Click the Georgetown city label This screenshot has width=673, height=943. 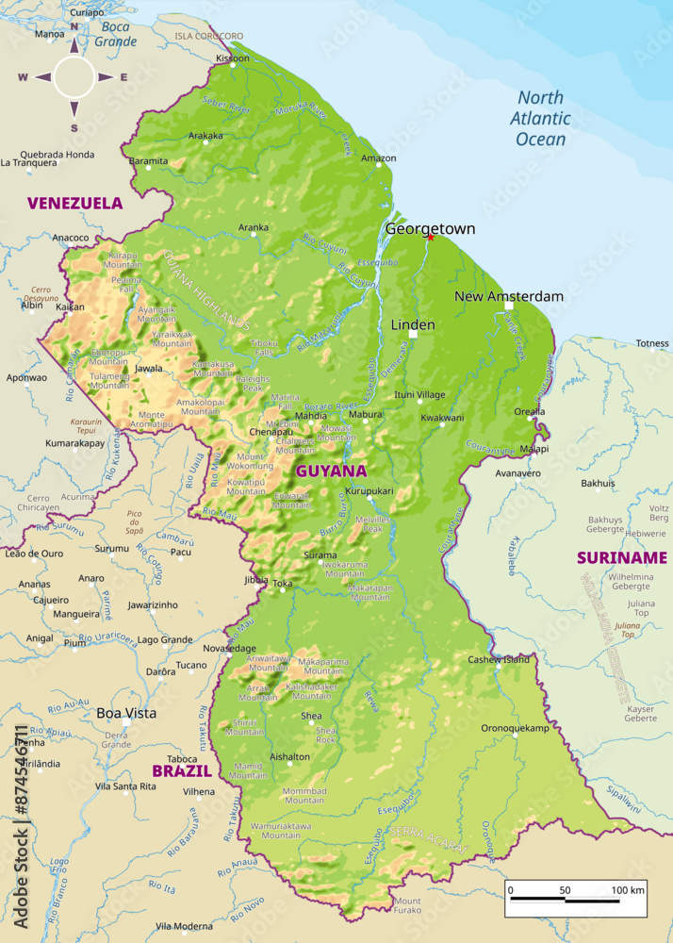point(430,228)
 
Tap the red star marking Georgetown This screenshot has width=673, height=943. point(431,237)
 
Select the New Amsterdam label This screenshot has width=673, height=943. point(508,296)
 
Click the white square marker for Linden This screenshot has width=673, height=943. point(413,334)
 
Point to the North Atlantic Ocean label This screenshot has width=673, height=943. point(540,119)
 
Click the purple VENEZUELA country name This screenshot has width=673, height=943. point(74,203)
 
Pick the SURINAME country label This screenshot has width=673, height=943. point(623,557)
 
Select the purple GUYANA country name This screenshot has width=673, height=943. point(331,471)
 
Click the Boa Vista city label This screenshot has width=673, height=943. point(126,713)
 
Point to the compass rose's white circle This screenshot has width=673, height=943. point(74,77)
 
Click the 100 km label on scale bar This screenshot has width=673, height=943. point(627,889)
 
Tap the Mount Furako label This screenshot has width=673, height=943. point(407,905)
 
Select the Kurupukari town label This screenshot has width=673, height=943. point(369,491)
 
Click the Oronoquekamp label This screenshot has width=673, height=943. point(515,729)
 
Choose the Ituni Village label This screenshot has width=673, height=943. point(419,394)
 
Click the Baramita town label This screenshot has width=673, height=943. point(148,161)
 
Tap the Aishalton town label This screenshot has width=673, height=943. point(289,756)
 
